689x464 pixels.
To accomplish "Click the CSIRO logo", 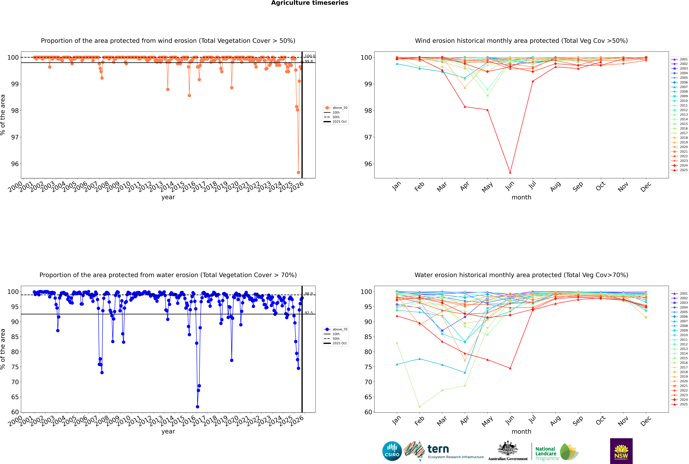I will click(392, 451).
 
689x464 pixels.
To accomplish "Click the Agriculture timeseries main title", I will click(310, 3).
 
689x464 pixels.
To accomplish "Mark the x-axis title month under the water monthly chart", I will click(521, 431).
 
